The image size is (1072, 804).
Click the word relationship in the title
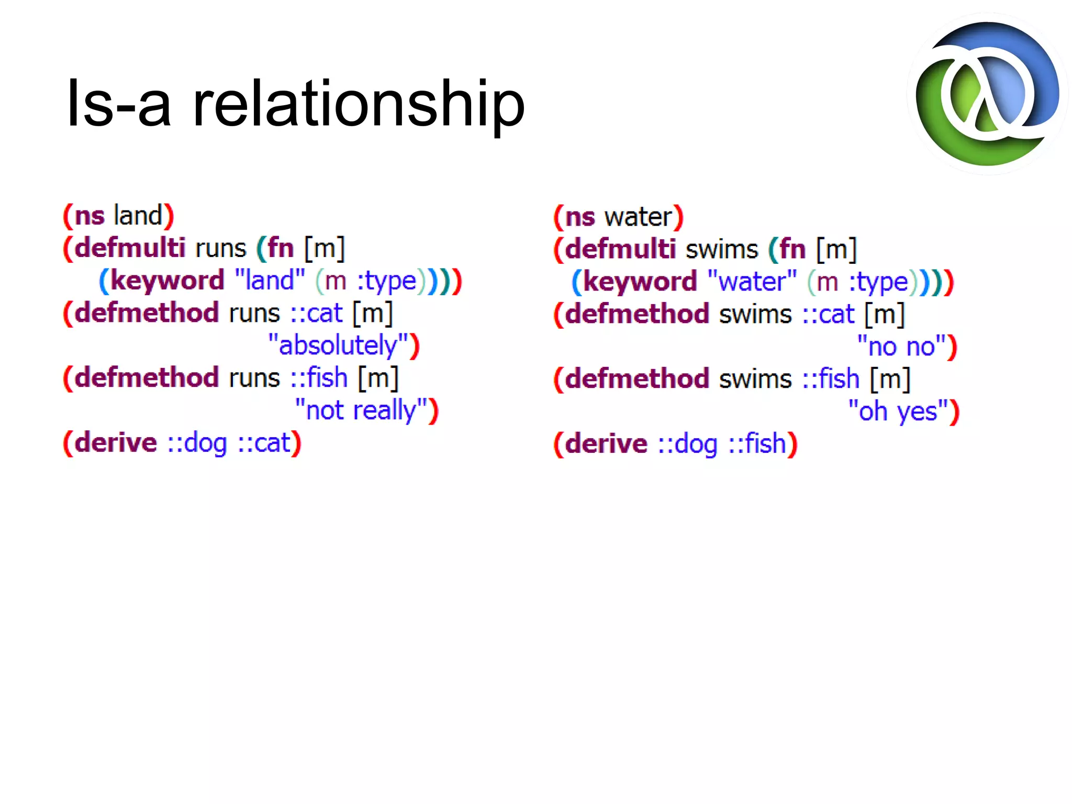[359, 103]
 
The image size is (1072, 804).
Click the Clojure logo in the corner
[987, 94]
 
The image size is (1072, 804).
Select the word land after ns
[138, 216]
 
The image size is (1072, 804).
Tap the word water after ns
[638, 217]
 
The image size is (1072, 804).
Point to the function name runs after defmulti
[220, 248]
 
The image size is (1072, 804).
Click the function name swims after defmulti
[721, 249]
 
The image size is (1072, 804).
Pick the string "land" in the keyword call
[270, 281]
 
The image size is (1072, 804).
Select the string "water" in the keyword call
[752, 282]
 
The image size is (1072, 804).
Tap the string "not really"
[361, 410]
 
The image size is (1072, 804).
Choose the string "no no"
[901, 347]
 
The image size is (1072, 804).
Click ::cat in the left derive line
[264, 443]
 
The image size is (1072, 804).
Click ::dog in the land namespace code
[197, 443]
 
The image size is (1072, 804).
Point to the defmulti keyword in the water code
[620, 249]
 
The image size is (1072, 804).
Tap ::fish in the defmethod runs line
[319, 378]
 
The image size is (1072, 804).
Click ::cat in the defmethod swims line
[828, 314]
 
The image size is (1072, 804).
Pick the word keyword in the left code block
[167, 281]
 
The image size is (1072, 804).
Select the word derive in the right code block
[606, 444]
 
